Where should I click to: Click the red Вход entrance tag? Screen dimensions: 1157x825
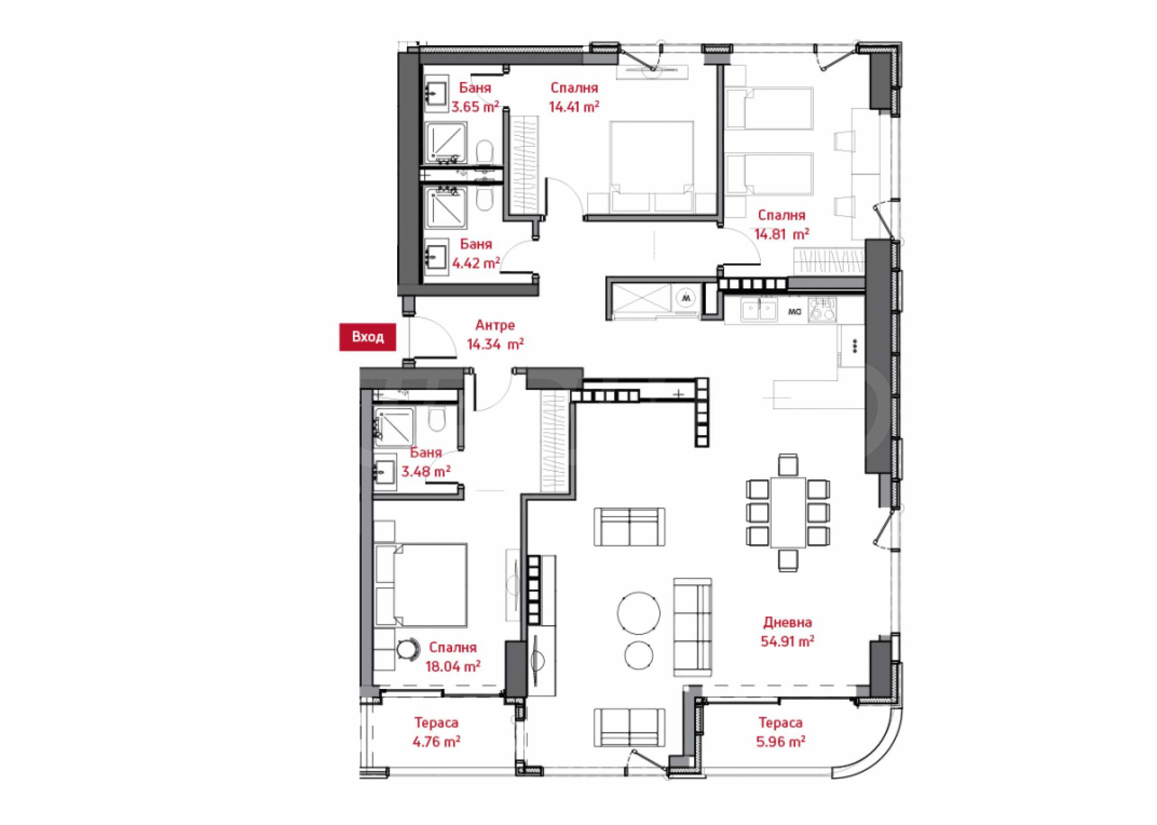pyautogui.click(x=367, y=337)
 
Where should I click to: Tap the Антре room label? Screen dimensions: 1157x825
pyautogui.click(x=495, y=325)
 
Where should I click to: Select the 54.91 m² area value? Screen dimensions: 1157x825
pyautogui.click(x=787, y=641)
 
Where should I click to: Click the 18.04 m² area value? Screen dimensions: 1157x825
pyautogui.click(x=453, y=666)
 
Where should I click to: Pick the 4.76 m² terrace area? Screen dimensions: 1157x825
pyautogui.click(x=436, y=742)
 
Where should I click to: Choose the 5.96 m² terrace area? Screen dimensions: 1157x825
pyautogui.click(x=780, y=742)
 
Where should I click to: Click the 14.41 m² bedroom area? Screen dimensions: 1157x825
pyautogui.click(x=574, y=107)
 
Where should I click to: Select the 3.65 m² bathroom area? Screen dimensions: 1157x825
pyautogui.click(x=475, y=107)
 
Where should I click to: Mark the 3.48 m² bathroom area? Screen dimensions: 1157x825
pyautogui.click(x=425, y=471)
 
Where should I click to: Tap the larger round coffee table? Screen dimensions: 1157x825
pyautogui.click(x=639, y=612)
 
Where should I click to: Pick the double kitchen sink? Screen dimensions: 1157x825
pyautogui.click(x=759, y=310)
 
